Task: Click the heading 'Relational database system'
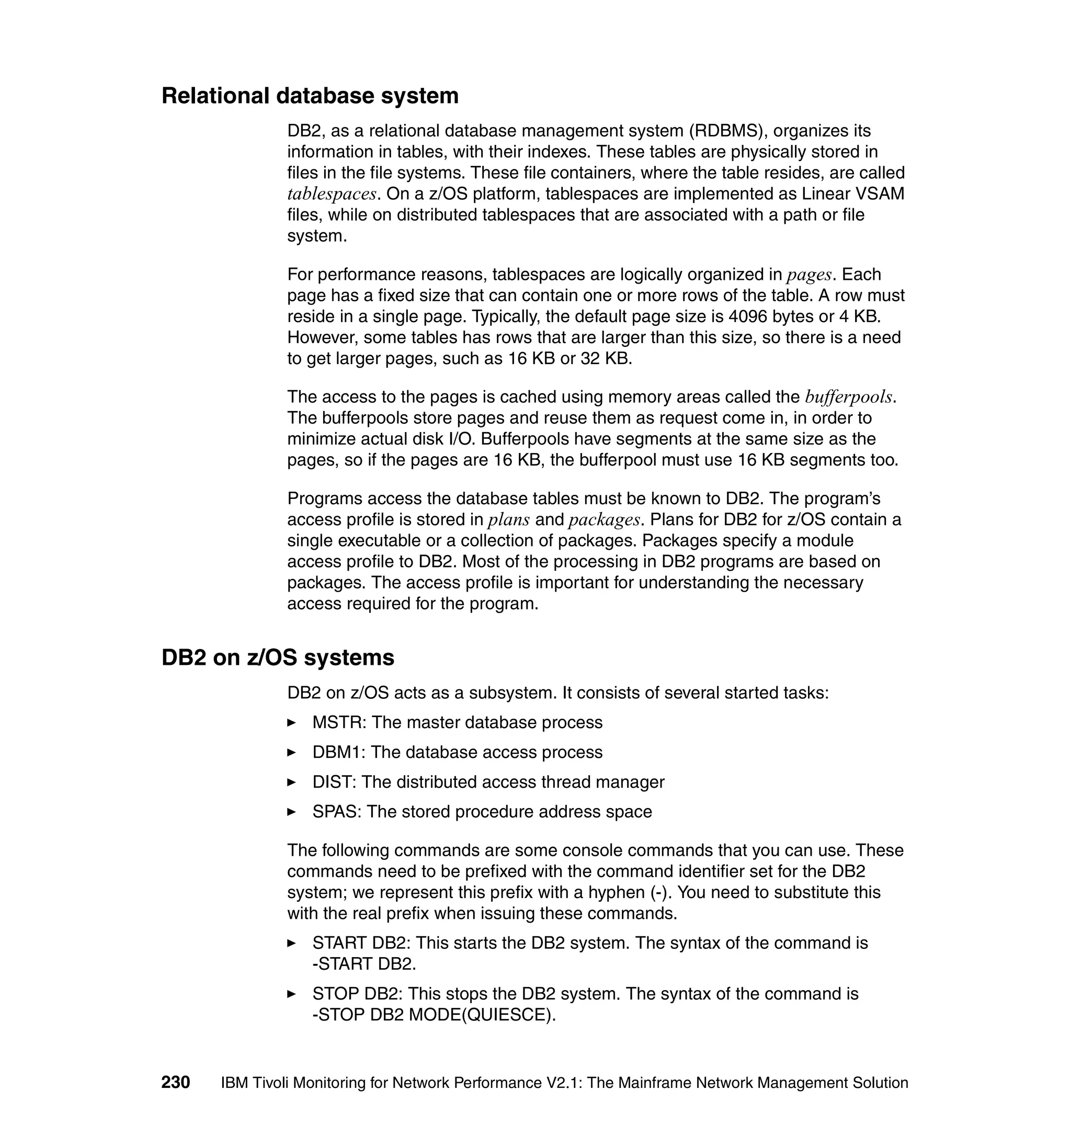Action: coord(310,96)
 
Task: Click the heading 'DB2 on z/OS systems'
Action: coord(278,658)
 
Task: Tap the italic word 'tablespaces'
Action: coord(332,194)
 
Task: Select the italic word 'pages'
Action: coord(809,275)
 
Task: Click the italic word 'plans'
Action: coord(509,520)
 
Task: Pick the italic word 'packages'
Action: coord(604,520)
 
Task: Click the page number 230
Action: coord(176,1083)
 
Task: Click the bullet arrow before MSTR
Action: coord(292,723)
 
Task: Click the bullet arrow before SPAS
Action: coord(292,812)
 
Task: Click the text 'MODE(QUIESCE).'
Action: coord(482,1015)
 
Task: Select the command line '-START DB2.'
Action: coord(364,965)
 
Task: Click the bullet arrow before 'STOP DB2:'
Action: coord(292,994)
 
